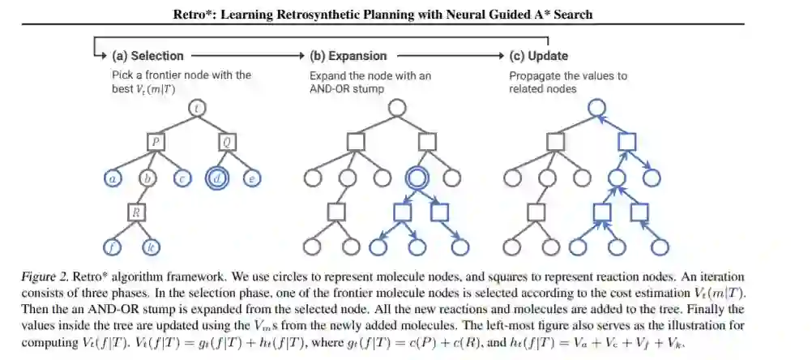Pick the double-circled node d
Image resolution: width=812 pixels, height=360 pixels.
(x=217, y=177)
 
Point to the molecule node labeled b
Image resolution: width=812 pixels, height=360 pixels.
(x=147, y=177)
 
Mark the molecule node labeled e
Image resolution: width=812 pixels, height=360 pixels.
(x=252, y=177)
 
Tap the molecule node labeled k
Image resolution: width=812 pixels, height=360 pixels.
(x=149, y=246)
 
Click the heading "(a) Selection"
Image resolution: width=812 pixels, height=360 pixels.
(x=147, y=56)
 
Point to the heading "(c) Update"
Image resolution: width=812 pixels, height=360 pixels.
(x=538, y=56)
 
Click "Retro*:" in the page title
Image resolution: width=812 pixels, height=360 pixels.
(x=197, y=15)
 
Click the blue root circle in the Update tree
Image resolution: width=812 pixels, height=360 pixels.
(x=595, y=108)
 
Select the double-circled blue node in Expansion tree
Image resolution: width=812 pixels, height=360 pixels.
(x=418, y=177)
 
